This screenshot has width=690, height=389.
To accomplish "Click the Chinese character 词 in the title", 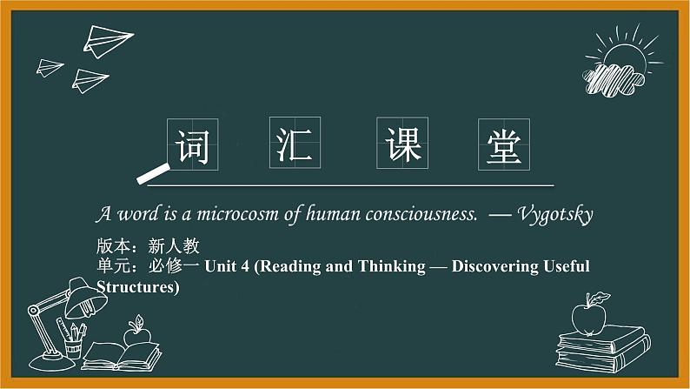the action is (x=192, y=146).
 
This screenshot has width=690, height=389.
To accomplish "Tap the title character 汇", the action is (x=295, y=144).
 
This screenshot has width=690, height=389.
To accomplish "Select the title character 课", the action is (x=402, y=144).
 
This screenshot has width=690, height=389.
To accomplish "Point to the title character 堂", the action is (x=504, y=146).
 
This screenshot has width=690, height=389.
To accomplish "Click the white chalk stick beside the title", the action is (x=153, y=173).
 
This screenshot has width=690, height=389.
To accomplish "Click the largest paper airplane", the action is (x=108, y=42).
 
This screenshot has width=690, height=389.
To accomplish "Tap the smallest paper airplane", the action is (x=50, y=68).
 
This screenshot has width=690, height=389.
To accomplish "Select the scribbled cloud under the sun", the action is (x=613, y=80).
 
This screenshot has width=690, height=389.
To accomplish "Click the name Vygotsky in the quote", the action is (x=555, y=215).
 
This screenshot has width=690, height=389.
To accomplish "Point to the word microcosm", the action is (x=237, y=214).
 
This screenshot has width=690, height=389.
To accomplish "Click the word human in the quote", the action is (x=333, y=214).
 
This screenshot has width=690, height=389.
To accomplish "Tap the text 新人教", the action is (x=174, y=245).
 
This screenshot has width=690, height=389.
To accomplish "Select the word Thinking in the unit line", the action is (x=391, y=266).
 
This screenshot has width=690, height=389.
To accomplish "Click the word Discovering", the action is (x=495, y=266).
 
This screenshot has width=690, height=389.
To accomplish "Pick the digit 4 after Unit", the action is (x=245, y=266).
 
